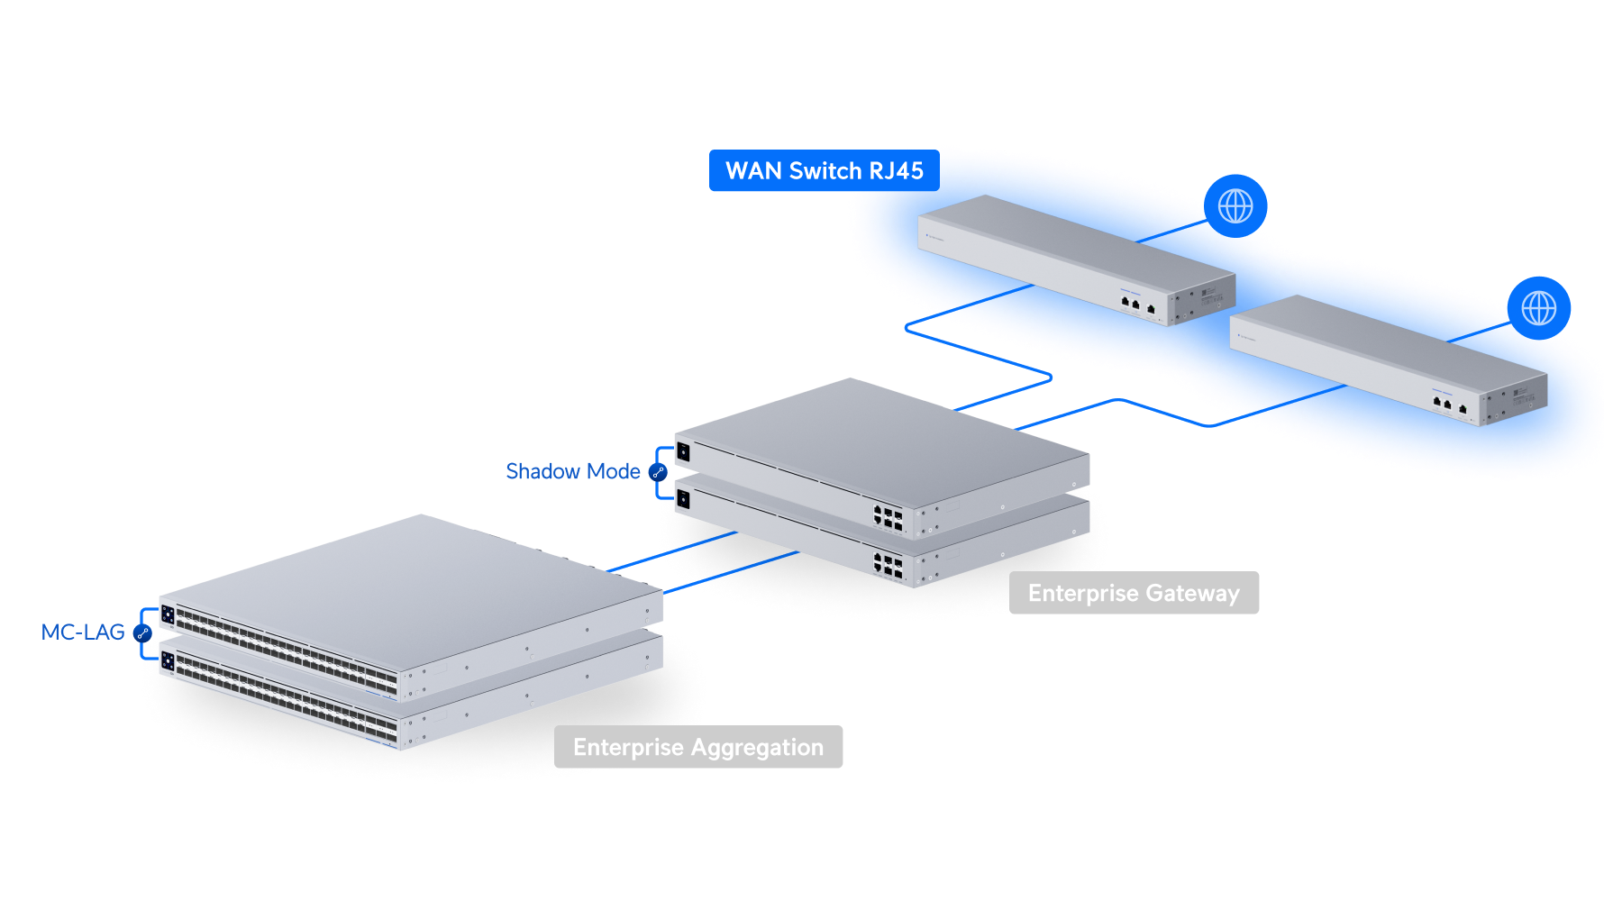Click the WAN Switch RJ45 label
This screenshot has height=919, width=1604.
(x=824, y=171)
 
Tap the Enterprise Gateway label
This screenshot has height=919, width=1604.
(x=1134, y=593)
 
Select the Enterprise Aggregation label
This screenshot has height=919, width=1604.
(x=698, y=747)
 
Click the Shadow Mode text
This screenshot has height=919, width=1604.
(x=573, y=471)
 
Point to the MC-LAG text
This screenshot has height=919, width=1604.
(x=83, y=632)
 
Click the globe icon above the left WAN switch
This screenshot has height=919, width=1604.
(x=1235, y=206)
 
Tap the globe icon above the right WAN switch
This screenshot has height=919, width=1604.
(x=1539, y=308)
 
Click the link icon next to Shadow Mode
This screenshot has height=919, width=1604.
(x=659, y=472)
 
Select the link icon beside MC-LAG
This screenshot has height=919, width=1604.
(x=142, y=632)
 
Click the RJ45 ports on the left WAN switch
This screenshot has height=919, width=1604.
(x=1136, y=305)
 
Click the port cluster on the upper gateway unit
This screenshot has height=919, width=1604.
(x=888, y=517)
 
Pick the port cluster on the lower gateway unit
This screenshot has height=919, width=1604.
(x=888, y=566)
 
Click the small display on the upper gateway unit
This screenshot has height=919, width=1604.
(x=683, y=450)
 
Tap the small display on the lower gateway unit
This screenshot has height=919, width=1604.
(x=683, y=498)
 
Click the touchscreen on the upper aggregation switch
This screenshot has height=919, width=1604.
(x=168, y=614)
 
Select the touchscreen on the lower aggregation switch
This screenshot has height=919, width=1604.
(x=168, y=662)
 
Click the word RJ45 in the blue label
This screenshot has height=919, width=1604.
(x=896, y=171)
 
